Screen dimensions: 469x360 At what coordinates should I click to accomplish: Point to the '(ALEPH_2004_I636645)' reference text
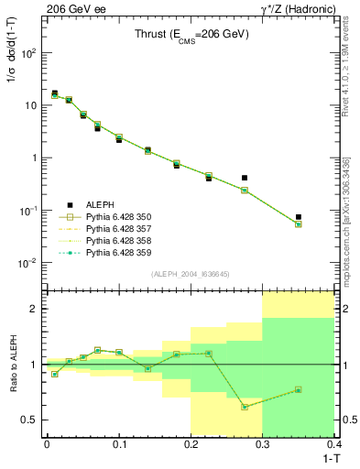tap(190, 273)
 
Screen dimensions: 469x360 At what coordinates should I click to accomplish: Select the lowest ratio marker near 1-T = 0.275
tap(245, 407)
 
